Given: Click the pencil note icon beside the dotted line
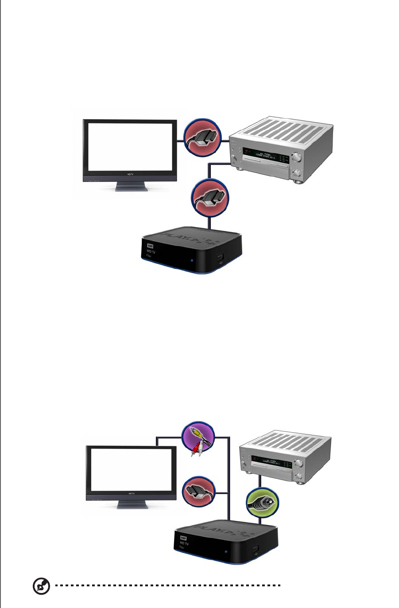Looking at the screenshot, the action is pyautogui.click(x=41, y=586).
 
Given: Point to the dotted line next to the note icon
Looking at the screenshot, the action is pyautogui.click(x=168, y=585).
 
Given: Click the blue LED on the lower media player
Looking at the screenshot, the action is pyautogui.click(x=226, y=552).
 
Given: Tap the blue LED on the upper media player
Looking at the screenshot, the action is pyautogui.click(x=191, y=260).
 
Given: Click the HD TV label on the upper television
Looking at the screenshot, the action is pyautogui.click(x=130, y=175).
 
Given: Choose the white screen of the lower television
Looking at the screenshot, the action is pyautogui.click(x=131, y=470).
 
